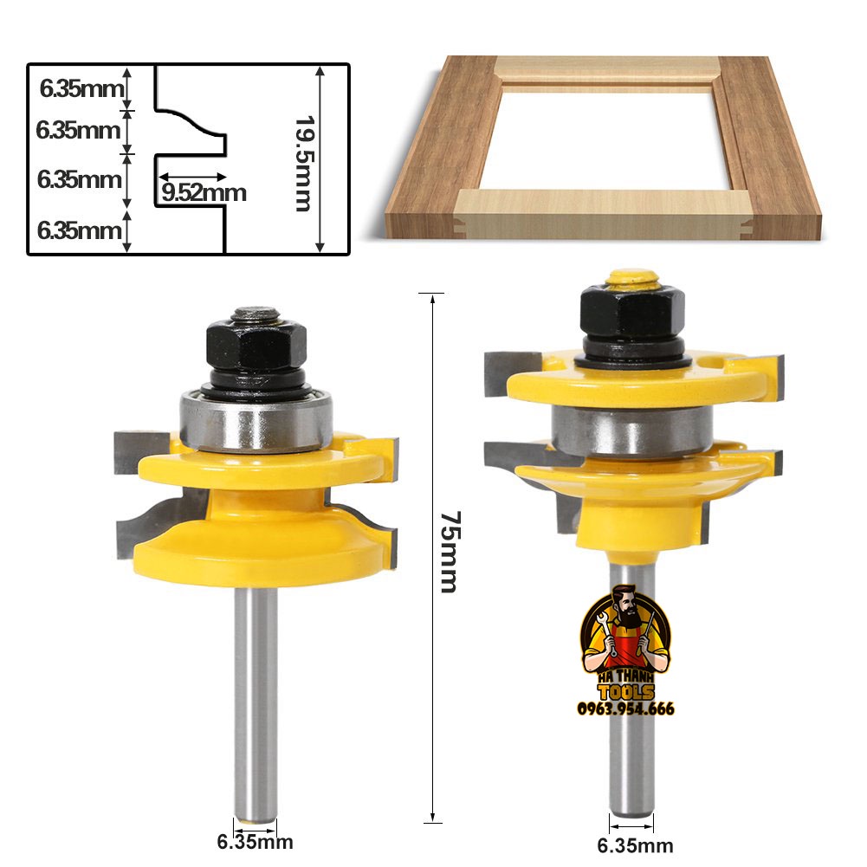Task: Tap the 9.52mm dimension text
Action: pos(204,193)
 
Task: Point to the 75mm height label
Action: pos(450,551)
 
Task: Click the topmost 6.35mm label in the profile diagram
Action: pos(81,88)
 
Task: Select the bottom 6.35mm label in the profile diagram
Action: pos(79,230)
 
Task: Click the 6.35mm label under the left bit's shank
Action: pos(255,842)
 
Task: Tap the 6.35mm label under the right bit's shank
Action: pos(636,845)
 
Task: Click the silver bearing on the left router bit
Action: pos(256,421)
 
